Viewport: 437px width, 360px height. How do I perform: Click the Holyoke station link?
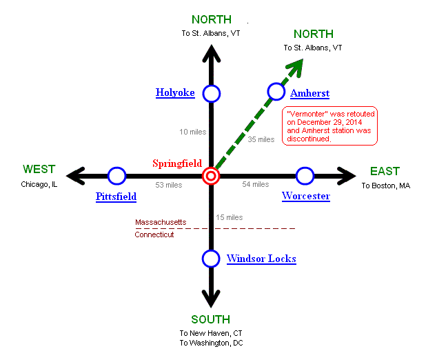coord(175,92)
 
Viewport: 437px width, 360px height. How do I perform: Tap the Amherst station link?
coord(309,93)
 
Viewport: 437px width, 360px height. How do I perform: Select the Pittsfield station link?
coord(116,197)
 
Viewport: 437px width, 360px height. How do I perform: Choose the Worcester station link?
coord(306,197)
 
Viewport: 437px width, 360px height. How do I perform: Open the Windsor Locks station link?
coord(261,259)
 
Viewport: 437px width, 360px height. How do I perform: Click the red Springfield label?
coord(177,163)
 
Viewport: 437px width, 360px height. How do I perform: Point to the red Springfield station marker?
coord(211,176)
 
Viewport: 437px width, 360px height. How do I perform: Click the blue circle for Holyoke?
coord(211,93)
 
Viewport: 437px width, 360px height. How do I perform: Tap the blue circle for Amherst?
coord(276,91)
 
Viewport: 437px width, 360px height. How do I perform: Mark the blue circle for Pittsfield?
coord(117,176)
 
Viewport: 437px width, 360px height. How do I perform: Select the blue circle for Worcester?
coord(305,176)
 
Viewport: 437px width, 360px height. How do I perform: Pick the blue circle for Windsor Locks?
coord(211,259)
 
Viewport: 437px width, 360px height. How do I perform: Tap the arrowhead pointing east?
coord(345,176)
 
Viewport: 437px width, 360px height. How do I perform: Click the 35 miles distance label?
coord(261,139)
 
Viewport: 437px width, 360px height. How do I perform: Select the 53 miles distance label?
coord(169,185)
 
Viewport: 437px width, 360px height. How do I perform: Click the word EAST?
coord(385,171)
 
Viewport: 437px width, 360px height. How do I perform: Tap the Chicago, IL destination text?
coord(39,185)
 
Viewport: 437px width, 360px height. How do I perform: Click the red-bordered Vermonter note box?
coord(330,126)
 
